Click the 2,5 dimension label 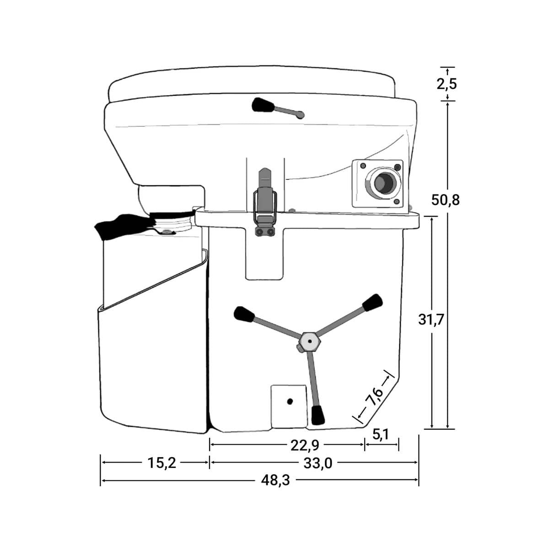[447, 84]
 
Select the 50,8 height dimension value [445, 200]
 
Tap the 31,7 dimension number [431, 320]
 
